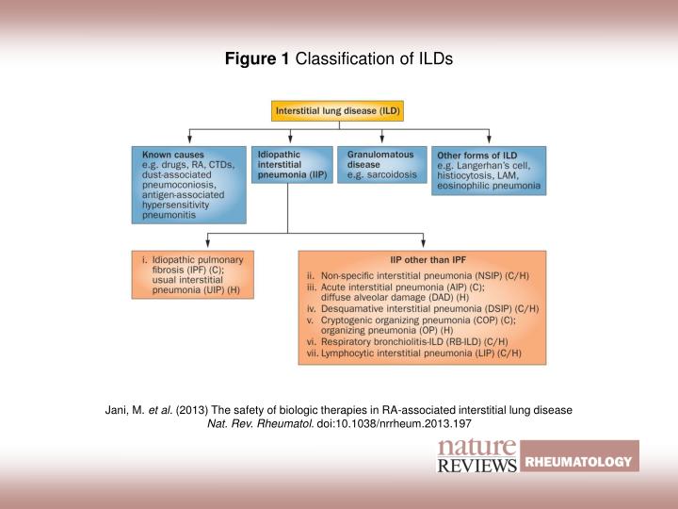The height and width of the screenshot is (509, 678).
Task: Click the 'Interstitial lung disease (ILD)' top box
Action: point(338,110)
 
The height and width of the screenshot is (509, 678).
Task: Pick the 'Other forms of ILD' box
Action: point(488,170)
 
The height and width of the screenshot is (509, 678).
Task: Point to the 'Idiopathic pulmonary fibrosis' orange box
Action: point(192,274)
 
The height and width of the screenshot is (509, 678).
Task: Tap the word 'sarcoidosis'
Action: point(392,174)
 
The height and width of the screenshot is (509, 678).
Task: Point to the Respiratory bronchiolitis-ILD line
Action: point(415,342)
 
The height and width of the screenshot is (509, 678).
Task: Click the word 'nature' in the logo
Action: point(476,447)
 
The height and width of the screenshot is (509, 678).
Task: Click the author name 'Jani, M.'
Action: point(123,411)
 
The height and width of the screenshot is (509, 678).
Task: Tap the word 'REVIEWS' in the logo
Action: point(477,465)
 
